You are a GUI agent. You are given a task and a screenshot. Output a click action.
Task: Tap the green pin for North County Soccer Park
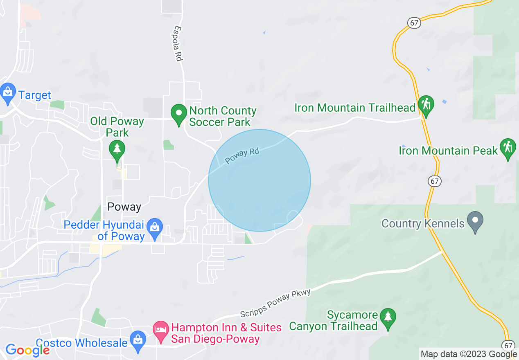[x=178, y=114]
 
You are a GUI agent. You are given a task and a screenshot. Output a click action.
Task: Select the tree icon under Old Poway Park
[x=117, y=149]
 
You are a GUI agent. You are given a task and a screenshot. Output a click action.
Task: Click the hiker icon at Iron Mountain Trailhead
[x=426, y=105]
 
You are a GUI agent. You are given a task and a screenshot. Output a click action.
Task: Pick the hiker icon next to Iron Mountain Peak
[x=508, y=148]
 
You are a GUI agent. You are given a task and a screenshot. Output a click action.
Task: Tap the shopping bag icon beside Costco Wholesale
[x=138, y=341]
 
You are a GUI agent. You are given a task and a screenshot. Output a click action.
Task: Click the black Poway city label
[x=124, y=207]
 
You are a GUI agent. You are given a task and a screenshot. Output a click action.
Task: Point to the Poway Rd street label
[x=242, y=155]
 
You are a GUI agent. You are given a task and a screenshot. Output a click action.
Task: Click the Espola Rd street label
[x=177, y=44]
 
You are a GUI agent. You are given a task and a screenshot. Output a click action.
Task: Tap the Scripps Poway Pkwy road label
[x=275, y=304]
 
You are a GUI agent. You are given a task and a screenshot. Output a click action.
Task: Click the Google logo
[x=27, y=350]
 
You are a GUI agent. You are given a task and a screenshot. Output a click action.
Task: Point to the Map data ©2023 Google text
[x=469, y=354]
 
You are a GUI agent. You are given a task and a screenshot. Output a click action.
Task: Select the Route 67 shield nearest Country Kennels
[x=434, y=180]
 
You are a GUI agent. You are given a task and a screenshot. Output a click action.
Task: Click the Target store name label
[x=35, y=95]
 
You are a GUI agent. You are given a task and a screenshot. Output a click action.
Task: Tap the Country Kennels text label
[x=423, y=223]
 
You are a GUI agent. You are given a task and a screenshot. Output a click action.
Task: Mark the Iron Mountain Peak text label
[x=448, y=151]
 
